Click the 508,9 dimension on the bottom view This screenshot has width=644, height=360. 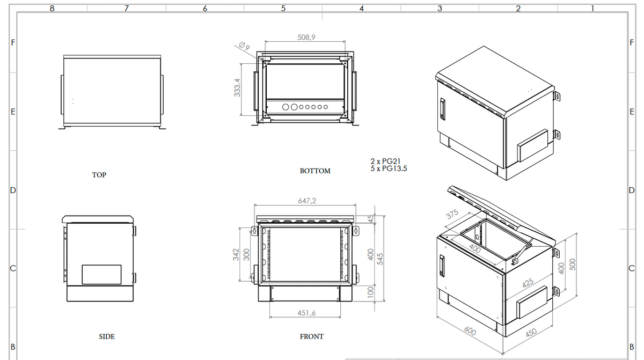pyautogui.click(x=305, y=37)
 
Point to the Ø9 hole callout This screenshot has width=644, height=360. pyautogui.click(x=244, y=47)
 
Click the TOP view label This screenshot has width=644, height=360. pyautogui.click(x=99, y=175)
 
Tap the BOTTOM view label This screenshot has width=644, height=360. pyautogui.click(x=315, y=171)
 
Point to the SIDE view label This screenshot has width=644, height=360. pyautogui.click(x=107, y=336)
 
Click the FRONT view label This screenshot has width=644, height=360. pyautogui.click(x=312, y=336)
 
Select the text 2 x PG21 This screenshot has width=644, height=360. pyautogui.click(x=386, y=161)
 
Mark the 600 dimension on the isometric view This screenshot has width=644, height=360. pyautogui.click(x=470, y=332)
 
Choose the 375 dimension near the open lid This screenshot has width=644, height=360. pyautogui.click(x=453, y=214)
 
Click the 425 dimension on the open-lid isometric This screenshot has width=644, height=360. pyautogui.click(x=528, y=283)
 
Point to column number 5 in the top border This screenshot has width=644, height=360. pyautogui.click(x=283, y=8)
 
